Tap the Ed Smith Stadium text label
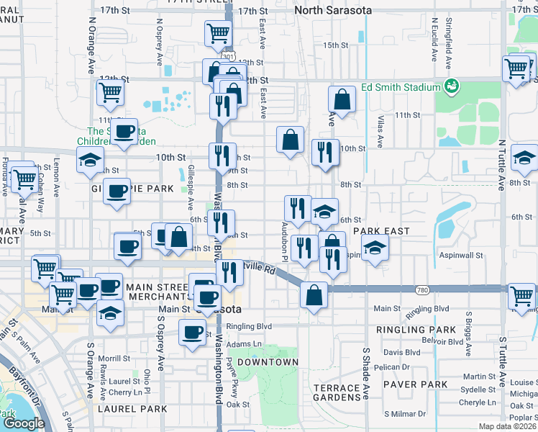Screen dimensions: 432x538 (401, 87)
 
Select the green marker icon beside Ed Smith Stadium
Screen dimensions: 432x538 (452, 86)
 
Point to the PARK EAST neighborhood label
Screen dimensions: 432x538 (380, 232)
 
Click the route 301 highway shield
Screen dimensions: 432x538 (227, 55)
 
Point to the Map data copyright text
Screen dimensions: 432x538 (508, 426)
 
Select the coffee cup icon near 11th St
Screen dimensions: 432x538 (125, 130)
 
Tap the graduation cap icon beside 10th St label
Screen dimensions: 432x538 (90, 161)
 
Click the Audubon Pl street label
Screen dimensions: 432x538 (284, 241)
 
